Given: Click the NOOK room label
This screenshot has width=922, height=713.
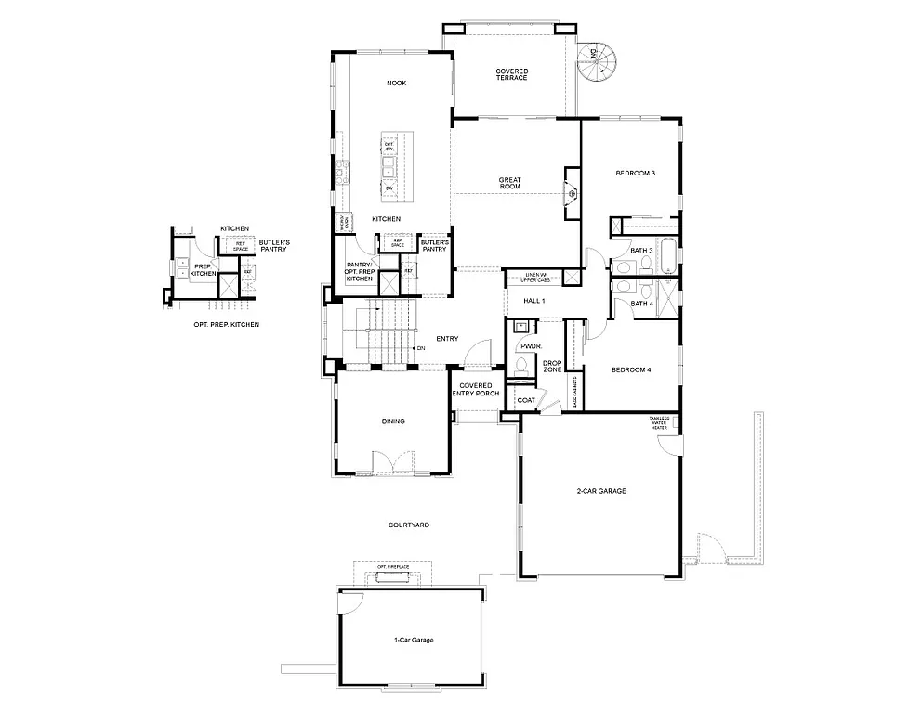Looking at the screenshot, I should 397,84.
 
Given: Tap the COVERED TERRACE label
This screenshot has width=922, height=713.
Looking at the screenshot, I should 511,74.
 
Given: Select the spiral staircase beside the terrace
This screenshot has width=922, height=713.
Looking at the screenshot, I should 595,63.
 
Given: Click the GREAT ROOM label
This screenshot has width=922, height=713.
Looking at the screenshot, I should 509,183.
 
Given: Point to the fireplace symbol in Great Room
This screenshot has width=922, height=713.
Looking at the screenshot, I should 573,193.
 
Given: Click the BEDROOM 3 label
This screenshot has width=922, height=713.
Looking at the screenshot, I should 636,174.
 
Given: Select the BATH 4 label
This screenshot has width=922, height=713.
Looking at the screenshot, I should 642,304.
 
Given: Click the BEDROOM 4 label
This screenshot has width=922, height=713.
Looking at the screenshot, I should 631,370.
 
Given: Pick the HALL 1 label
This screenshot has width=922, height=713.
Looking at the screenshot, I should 533,302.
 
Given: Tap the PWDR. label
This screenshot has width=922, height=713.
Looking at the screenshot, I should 531,346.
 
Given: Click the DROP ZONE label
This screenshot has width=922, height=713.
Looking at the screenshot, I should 552,366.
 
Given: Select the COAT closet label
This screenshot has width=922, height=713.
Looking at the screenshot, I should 525,400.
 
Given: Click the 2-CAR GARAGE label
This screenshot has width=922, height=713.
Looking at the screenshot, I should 600,491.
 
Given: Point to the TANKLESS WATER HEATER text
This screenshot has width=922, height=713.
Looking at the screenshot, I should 658,422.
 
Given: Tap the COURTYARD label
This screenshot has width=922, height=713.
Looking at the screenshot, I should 408,525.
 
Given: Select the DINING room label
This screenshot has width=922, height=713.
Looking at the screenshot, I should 393,421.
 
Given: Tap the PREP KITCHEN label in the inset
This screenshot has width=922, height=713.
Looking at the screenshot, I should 203,270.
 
